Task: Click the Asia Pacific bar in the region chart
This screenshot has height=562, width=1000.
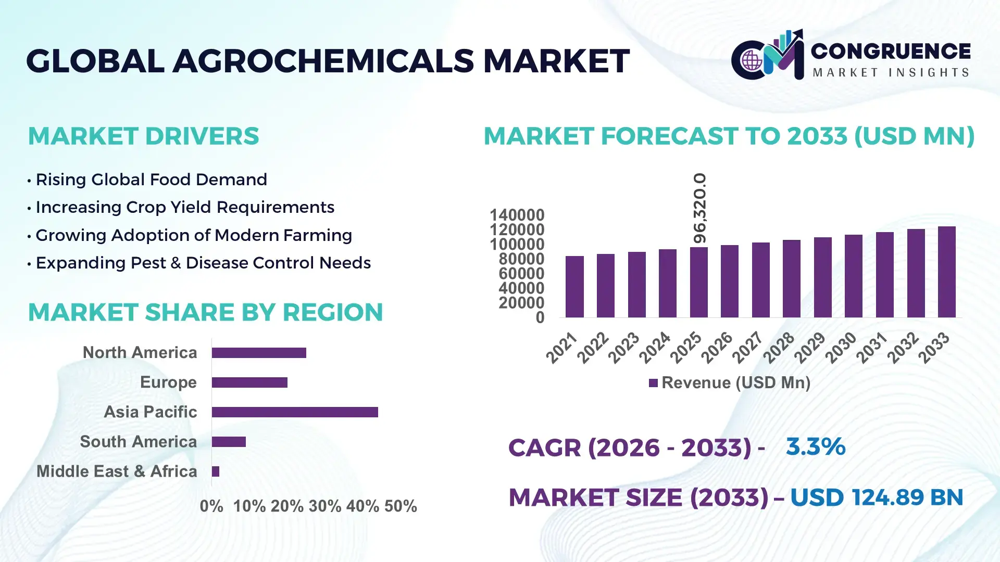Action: coord(295,412)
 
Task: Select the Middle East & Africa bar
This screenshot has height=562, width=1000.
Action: coord(216,471)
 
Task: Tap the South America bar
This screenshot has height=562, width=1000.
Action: coord(229,442)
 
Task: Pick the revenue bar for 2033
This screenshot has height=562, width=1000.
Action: coord(946,272)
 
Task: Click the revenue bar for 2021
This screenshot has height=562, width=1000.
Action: coord(574,287)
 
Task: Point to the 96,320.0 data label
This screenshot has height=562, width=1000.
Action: coord(699,208)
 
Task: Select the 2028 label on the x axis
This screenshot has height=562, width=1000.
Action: coord(779,347)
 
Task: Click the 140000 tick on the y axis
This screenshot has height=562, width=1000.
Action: coord(517,215)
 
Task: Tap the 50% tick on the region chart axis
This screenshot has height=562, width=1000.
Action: coord(401,506)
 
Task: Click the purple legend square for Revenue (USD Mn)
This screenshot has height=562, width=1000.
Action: coord(653,383)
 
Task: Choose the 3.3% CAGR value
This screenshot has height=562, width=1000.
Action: coord(815,446)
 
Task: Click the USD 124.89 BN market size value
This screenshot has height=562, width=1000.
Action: coord(877,497)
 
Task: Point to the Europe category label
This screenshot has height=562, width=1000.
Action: coord(168,382)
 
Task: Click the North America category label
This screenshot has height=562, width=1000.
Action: coord(140,353)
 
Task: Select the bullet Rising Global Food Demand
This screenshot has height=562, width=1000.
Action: coord(151,180)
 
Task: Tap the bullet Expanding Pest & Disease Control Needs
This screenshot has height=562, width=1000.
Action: coord(203,263)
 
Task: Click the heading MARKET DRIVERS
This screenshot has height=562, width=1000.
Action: coord(143,136)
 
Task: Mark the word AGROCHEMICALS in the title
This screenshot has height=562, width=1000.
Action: coord(323,61)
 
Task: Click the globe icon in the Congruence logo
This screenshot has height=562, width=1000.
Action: coord(752,61)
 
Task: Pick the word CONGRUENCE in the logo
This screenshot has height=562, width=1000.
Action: coord(891,51)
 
